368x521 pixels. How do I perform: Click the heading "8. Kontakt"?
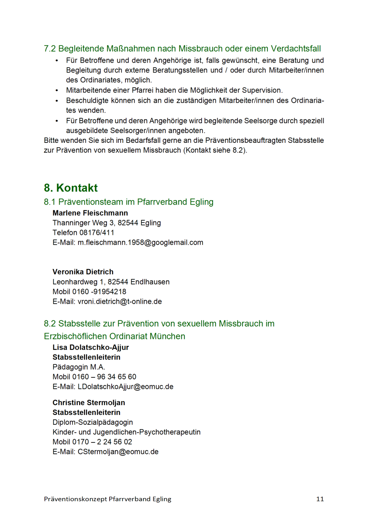[x=71, y=188]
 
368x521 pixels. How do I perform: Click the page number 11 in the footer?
[x=320, y=499]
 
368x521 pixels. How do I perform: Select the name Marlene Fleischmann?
[x=90, y=213]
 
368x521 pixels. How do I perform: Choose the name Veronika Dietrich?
[x=83, y=272]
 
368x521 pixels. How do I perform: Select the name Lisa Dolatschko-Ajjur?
[x=90, y=347]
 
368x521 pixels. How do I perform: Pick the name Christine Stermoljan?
[x=89, y=403]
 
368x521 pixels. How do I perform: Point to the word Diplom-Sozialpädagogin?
[x=92, y=422]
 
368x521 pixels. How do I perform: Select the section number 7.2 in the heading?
[x=49, y=49]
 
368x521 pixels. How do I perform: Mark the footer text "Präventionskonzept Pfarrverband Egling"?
[x=108, y=499]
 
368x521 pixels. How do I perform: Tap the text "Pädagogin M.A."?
[x=79, y=367]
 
